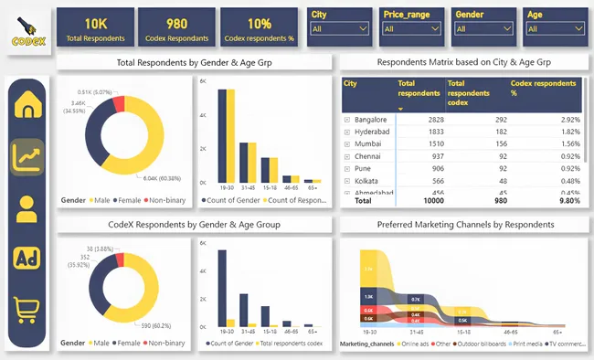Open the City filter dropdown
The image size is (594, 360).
click(x=339, y=29)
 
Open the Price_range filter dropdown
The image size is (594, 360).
click(x=410, y=29)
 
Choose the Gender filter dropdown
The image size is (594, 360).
click(x=481, y=29)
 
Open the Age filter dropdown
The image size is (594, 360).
click(x=551, y=29)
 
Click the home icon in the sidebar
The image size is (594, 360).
click(x=27, y=107)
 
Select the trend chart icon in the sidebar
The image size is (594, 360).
click(x=27, y=157)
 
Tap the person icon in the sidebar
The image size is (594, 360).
click(x=27, y=208)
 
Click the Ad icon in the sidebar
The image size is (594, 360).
click(x=27, y=259)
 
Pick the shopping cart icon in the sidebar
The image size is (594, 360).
click(x=27, y=311)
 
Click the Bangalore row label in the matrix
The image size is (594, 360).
click(x=370, y=120)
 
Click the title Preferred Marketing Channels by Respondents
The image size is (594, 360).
click(x=465, y=224)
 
